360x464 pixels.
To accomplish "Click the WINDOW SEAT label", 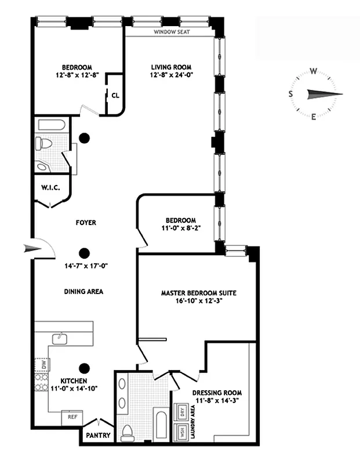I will [172, 33].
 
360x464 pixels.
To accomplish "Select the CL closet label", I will [115, 96].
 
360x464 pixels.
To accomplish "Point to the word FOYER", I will [86, 223].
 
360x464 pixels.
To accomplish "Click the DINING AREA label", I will [84, 292].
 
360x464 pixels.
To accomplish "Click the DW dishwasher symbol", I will [43, 365].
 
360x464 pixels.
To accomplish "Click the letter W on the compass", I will [313, 72].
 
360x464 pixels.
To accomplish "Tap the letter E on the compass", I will [314, 117].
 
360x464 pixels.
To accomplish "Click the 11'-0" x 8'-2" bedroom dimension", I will [180, 229].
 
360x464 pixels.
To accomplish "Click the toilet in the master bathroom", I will [128, 432].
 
